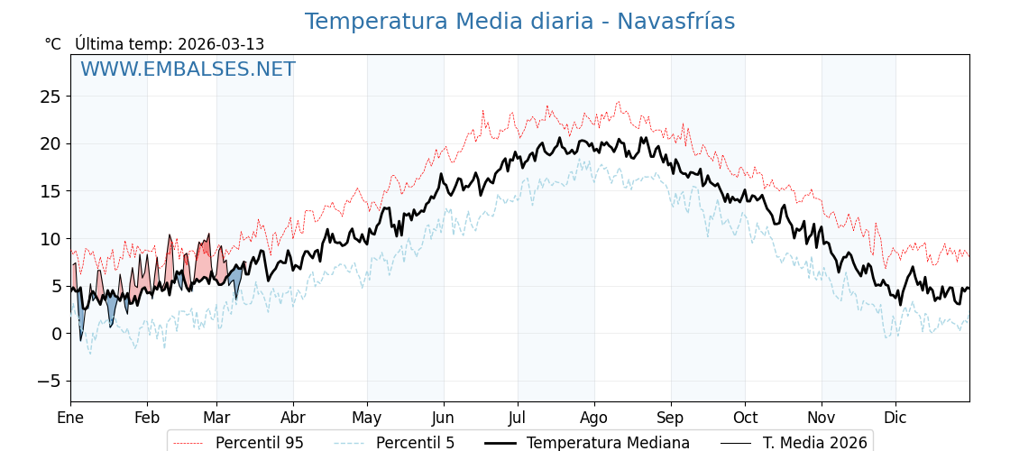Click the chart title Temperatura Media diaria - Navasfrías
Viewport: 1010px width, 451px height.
pos(519,22)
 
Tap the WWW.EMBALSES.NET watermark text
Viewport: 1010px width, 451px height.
pos(188,69)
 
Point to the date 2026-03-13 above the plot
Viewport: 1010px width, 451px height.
pos(221,44)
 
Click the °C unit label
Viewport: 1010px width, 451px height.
pos(53,44)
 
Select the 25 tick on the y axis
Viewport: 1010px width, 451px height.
pos(50,97)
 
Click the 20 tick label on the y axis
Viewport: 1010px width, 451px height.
pos(50,143)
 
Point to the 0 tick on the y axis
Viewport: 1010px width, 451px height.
pos(56,334)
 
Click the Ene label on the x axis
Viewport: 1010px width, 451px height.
pos(70,418)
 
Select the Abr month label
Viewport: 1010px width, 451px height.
pos(293,418)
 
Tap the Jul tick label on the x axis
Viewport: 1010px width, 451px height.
pos(518,418)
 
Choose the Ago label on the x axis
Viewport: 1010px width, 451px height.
pos(594,418)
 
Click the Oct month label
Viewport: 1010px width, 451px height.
pos(745,418)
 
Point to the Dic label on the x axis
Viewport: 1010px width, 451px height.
pos(895,418)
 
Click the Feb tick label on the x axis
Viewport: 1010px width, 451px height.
pos(147,418)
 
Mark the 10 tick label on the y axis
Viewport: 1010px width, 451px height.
pos(50,239)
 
